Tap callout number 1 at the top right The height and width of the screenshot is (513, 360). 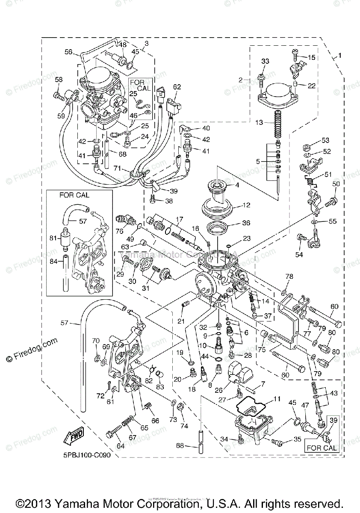click(340, 56)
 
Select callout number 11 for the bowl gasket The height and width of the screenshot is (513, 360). click(277, 398)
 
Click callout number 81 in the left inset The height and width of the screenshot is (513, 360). click(53, 238)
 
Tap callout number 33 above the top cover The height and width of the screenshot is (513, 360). click(265, 62)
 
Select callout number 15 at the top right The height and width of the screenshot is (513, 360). click(311, 57)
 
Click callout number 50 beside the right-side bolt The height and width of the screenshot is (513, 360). click(336, 184)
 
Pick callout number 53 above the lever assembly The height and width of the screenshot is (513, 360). click(326, 140)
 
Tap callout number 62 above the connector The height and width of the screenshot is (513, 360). click(177, 87)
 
